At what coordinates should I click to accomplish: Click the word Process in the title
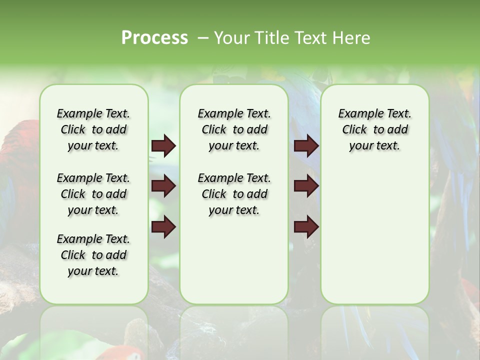pyautogui.click(x=154, y=38)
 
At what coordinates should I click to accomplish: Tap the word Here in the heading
pyautogui.click(x=352, y=38)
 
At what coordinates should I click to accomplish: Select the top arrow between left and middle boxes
pyautogui.click(x=163, y=146)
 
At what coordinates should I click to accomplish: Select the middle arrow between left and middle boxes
pyautogui.click(x=163, y=186)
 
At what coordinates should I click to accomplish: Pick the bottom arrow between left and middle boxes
pyautogui.click(x=163, y=226)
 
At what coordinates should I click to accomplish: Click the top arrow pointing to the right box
pyautogui.click(x=306, y=146)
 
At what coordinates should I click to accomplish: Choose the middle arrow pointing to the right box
pyautogui.click(x=306, y=186)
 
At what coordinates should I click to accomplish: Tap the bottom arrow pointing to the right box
pyautogui.click(x=306, y=226)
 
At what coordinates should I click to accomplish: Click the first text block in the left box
pyautogui.click(x=93, y=129)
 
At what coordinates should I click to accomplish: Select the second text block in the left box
pyautogui.click(x=93, y=194)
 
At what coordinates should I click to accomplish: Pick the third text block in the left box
pyautogui.click(x=93, y=255)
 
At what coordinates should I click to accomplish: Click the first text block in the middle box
pyautogui.click(x=234, y=129)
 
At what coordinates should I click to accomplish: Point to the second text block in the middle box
pyautogui.click(x=234, y=194)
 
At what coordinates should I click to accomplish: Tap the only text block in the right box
pyautogui.click(x=374, y=129)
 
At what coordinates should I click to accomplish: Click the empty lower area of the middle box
pyautogui.click(x=234, y=260)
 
